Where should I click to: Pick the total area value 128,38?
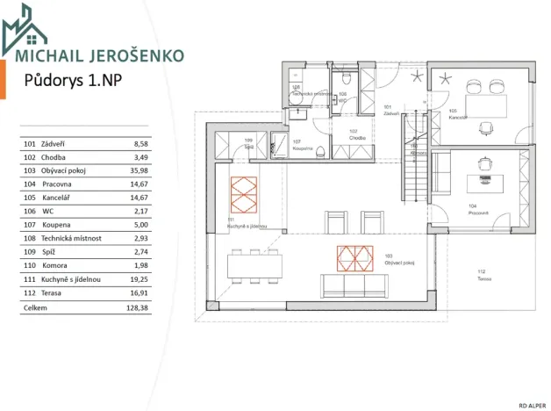pos(137,308)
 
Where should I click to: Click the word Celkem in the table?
pos(35,308)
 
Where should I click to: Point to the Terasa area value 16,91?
pos(139,292)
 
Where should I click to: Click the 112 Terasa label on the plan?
pos(482,275)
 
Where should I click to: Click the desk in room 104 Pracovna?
pos(485,181)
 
